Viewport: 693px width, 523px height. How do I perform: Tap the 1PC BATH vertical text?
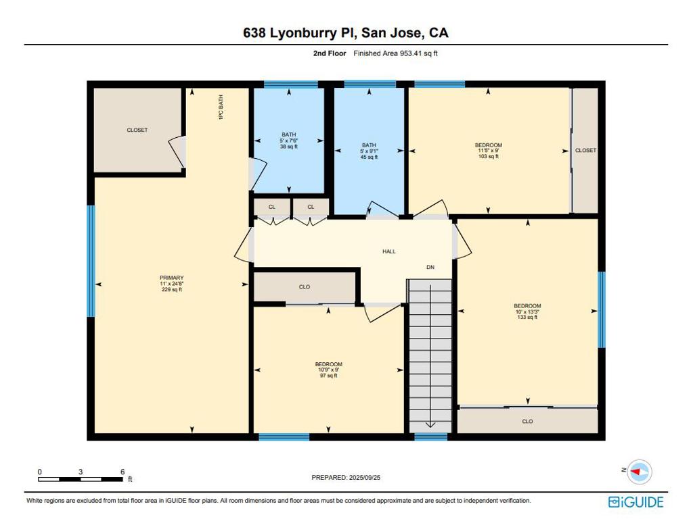(x=221, y=107)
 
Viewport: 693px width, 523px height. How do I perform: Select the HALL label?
(x=389, y=251)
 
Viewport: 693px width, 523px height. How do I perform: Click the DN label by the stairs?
(x=430, y=267)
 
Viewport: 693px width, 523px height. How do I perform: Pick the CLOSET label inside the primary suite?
(x=137, y=130)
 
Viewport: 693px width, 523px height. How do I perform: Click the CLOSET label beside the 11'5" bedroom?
(x=585, y=151)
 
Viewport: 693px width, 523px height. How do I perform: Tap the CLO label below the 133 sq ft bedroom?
(x=527, y=422)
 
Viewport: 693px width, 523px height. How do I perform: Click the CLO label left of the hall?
(x=305, y=287)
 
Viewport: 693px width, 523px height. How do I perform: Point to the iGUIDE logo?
(x=636, y=502)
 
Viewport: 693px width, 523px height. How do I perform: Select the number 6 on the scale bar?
(x=123, y=472)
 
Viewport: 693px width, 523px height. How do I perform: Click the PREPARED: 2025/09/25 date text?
(x=346, y=478)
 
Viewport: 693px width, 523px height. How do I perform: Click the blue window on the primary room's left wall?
(x=91, y=261)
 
